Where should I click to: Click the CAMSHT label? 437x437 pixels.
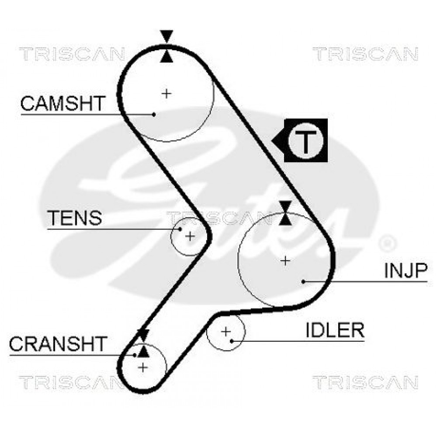coord(63,104)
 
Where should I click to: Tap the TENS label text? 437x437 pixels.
coord(75,218)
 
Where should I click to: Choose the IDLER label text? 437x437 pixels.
coord(335,330)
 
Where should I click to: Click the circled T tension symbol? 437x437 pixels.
coord(306,141)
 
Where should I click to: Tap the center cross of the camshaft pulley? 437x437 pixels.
coord(166,94)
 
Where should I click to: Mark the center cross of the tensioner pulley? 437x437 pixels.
coord(190,236)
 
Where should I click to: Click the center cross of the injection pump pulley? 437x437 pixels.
coord(285,261)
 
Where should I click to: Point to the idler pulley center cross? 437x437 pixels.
coord(226,332)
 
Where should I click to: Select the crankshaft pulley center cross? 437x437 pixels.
coord(143,368)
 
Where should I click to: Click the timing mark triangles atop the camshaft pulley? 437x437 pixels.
coord(166,46)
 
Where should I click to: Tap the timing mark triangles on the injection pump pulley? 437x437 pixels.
coord(285,213)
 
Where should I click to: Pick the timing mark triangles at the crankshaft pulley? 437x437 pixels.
coord(143,343)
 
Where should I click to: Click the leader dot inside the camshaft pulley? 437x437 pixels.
coord(154,114)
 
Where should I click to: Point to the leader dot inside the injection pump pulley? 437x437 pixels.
coord(304,282)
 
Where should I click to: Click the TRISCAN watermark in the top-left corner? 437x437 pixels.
coord(72,54)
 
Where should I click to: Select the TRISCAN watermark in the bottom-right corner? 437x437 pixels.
coord(365,382)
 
